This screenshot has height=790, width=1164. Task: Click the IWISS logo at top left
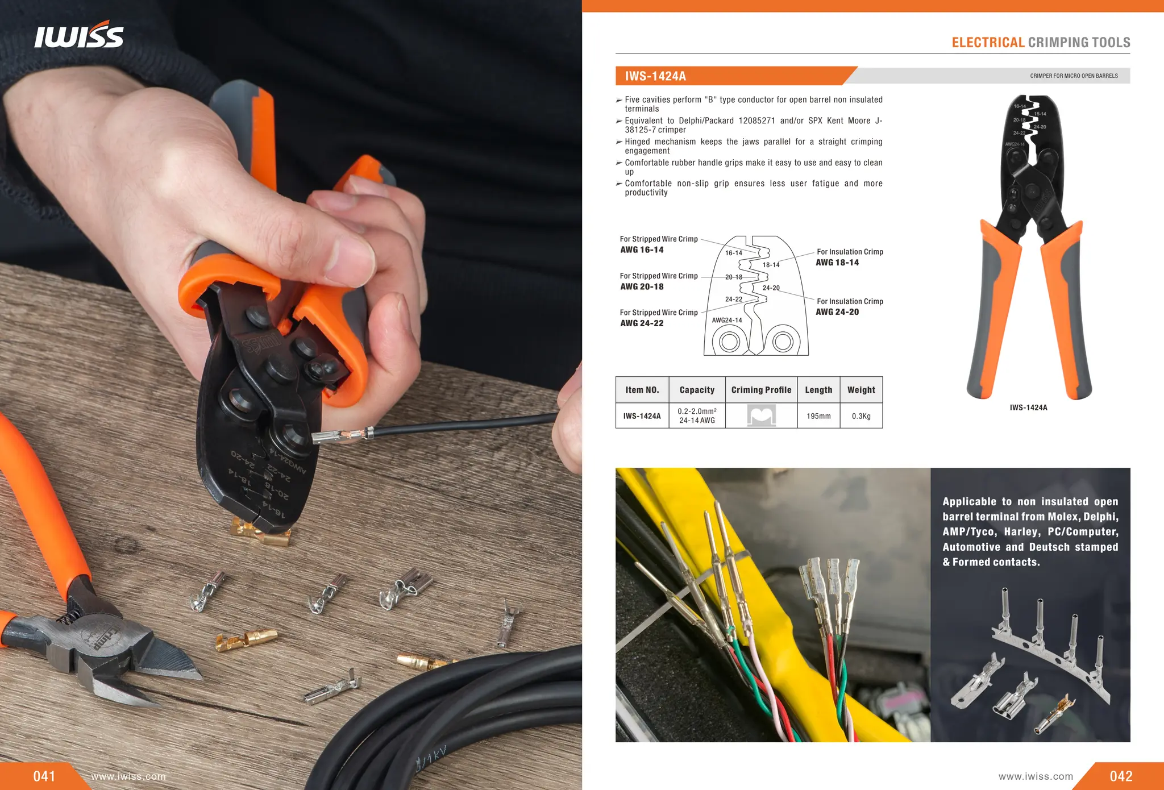point(78,35)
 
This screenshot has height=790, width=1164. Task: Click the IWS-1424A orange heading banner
point(733,76)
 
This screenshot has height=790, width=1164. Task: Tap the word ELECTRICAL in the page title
point(988,43)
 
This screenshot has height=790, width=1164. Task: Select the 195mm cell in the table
point(818,416)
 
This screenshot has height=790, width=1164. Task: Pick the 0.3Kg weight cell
point(861,416)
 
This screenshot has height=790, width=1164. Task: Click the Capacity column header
point(697,390)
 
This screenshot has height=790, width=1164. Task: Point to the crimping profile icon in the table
point(761,416)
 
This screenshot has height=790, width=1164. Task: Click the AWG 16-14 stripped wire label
point(642,250)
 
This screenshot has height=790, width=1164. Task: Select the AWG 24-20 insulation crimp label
point(837,312)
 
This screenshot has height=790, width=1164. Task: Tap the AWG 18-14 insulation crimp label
point(837,263)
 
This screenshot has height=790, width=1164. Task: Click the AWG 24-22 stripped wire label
point(642,323)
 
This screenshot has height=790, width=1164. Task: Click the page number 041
point(44,776)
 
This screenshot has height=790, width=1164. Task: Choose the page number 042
point(1121,776)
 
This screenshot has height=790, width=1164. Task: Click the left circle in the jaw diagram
point(729,342)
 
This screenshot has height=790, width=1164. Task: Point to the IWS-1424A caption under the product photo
point(1028,408)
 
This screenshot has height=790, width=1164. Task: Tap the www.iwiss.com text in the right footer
point(1036,776)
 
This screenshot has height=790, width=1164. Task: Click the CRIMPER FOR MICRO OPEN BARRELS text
point(1074,76)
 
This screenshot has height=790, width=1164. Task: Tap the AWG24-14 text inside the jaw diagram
point(727,321)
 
